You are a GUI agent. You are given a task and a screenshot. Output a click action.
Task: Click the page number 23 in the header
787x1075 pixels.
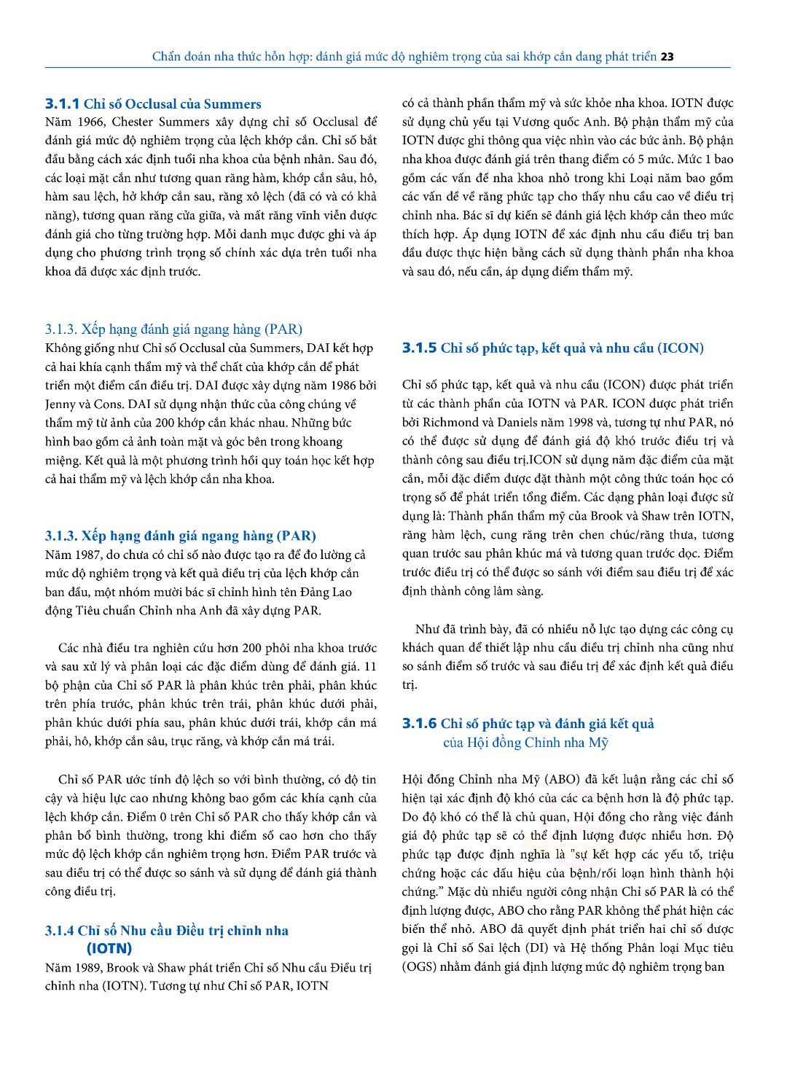pyautogui.click(x=667, y=57)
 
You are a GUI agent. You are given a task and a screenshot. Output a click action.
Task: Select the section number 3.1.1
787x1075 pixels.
pyautogui.click(x=62, y=104)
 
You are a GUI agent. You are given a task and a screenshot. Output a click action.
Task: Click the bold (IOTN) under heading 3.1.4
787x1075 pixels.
pyautogui.click(x=109, y=949)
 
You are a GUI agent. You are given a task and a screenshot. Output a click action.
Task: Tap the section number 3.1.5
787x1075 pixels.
pyautogui.click(x=419, y=348)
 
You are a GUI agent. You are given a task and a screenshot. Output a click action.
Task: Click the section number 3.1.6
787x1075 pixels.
pyautogui.click(x=419, y=724)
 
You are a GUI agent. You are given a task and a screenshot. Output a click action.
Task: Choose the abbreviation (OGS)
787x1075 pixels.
pyautogui.click(x=419, y=967)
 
